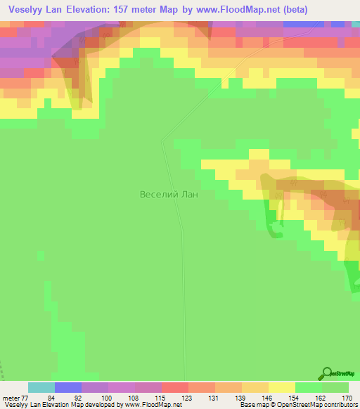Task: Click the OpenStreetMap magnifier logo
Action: pos(327,374)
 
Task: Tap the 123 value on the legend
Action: pos(186,397)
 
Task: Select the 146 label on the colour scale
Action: pos(266,397)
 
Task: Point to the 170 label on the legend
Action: pos(346,397)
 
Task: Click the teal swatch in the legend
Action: pos(41,387)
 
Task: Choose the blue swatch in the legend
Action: pos(67,387)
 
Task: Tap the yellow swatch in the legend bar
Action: pos(281,387)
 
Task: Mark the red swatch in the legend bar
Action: pos(174,387)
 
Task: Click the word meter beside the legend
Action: pos(11,397)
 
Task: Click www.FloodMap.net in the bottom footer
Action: pos(150,405)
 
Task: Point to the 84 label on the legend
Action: pos(51,397)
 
